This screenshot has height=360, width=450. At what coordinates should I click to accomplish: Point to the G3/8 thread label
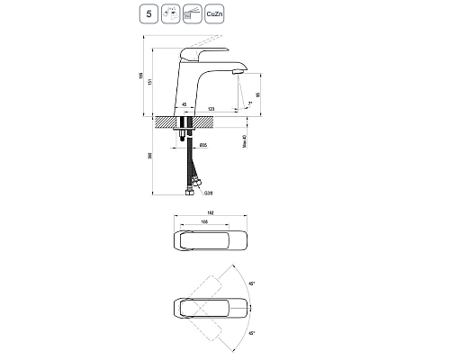pyautogui.click(x=209, y=191)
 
